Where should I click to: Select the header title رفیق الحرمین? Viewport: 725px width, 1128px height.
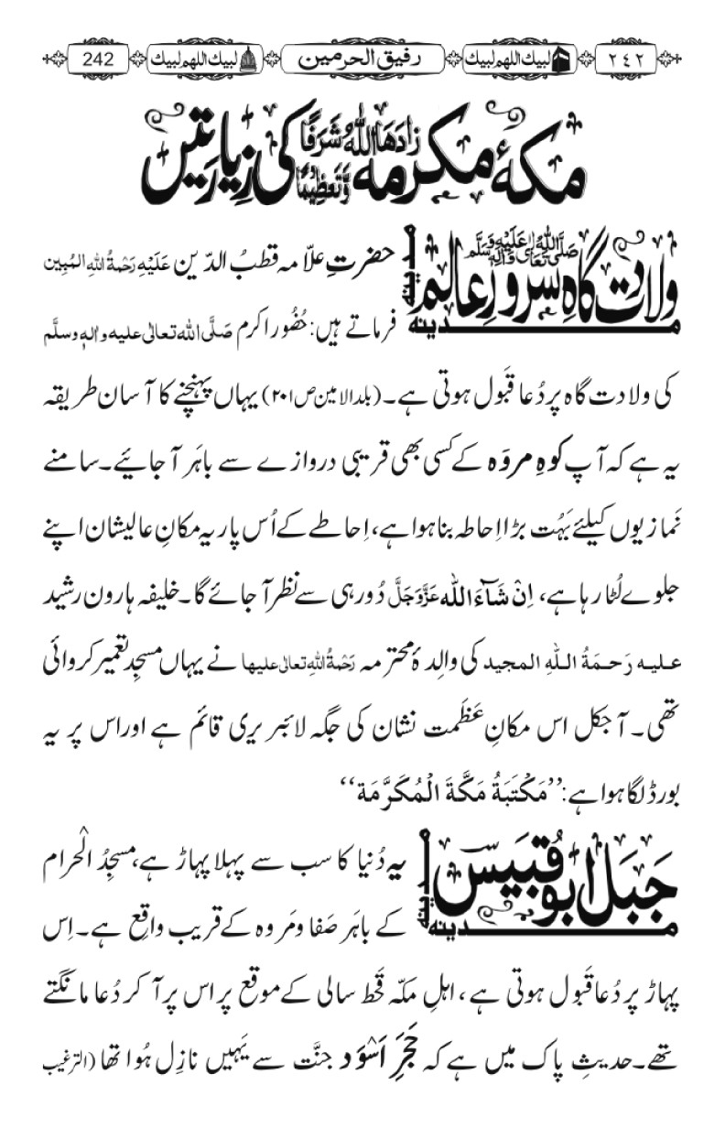pos(362,60)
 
